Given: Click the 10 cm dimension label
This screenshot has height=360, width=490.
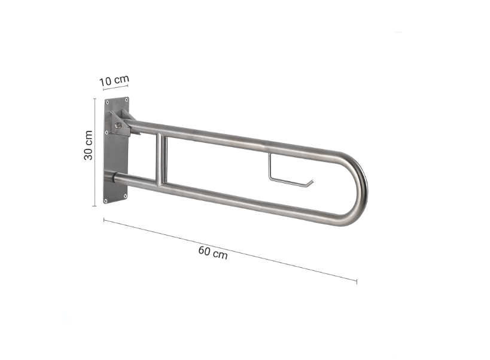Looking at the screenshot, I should [x=114, y=80].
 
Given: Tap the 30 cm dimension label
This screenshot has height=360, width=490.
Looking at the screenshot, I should [x=88, y=145].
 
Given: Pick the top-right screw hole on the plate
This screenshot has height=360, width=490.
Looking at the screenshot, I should [x=126, y=100].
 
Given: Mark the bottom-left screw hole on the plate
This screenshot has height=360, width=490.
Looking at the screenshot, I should [x=106, y=200].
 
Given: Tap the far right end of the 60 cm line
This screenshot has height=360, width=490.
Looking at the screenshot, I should [x=357, y=280].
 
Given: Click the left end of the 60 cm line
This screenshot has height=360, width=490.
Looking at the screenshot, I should [x=104, y=220].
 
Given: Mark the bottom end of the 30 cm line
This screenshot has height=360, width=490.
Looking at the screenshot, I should [x=94, y=205].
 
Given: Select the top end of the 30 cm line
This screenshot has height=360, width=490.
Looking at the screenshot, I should [x=94, y=99].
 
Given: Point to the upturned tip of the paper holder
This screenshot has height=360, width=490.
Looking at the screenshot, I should [x=312, y=180].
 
